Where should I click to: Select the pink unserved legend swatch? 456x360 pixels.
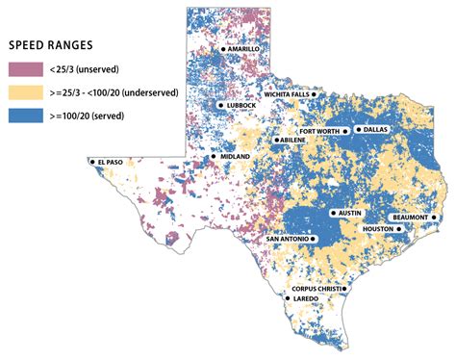click(25, 67)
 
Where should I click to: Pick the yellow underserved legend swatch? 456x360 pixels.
click(25, 93)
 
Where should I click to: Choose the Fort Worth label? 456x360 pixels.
click(319, 129)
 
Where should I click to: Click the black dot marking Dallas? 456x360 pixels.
click(358, 129)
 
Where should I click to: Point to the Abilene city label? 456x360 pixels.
click(294, 140)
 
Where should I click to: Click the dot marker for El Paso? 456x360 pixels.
click(92, 162)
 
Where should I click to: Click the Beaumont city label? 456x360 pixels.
click(408, 218)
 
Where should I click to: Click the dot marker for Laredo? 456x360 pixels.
click(287, 298)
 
